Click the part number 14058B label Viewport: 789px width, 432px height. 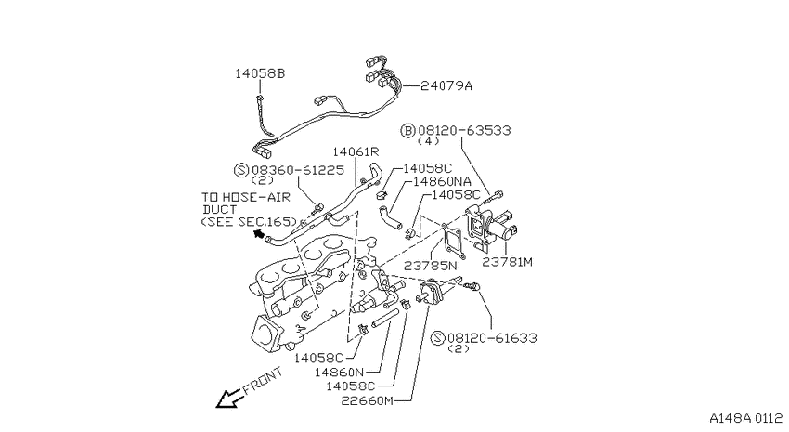(x=260, y=73)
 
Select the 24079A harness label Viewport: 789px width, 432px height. (x=446, y=85)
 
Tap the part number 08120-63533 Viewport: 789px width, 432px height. (x=464, y=130)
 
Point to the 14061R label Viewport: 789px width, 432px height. (x=356, y=151)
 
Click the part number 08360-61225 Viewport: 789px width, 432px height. (x=298, y=170)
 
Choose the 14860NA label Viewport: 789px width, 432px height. (x=442, y=181)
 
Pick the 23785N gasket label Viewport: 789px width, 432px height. (x=430, y=266)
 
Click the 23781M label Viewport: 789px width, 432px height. (x=507, y=262)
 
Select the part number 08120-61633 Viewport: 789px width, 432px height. (x=492, y=338)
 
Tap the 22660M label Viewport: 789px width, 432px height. (x=368, y=400)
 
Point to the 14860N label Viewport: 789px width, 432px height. (x=339, y=373)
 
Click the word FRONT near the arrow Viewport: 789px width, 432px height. (x=263, y=381)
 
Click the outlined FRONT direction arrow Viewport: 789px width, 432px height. (x=229, y=399)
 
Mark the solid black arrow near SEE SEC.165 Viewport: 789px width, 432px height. (x=259, y=233)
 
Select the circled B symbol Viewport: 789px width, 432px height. (x=407, y=130)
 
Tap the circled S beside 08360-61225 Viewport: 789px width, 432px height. (x=241, y=170)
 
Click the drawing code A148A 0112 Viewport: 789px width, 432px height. (x=746, y=418)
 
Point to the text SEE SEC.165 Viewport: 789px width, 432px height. (x=249, y=221)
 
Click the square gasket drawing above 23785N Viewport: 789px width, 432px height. (x=453, y=242)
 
